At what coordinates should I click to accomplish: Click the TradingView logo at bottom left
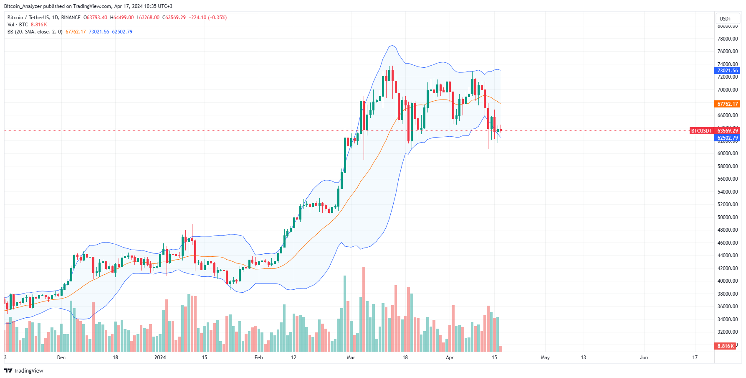pos(24,370)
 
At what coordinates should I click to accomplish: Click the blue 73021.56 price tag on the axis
pos(727,71)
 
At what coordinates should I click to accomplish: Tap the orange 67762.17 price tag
pos(727,104)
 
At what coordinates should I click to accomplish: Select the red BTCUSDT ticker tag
pos(701,131)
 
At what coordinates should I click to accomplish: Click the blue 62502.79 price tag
pos(727,138)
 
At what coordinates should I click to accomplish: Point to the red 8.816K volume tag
pos(726,346)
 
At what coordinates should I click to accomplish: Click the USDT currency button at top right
pos(726,18)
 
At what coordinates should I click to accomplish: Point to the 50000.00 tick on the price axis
pos(727,217)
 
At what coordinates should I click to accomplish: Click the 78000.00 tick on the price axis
pos(727,39)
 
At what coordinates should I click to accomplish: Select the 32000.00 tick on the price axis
pos(727,332)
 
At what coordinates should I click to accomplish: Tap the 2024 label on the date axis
pos(160,358)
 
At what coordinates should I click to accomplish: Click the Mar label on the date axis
pos(351,358)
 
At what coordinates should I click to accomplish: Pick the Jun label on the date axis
pos(644,358)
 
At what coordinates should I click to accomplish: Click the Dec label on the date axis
pos(61,358)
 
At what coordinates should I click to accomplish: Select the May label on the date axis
pos(545,358)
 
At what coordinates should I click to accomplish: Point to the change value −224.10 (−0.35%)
pos(207,18)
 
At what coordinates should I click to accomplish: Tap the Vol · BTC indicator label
pos(18,25)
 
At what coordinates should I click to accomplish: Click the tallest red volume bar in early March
pos(364,309)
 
